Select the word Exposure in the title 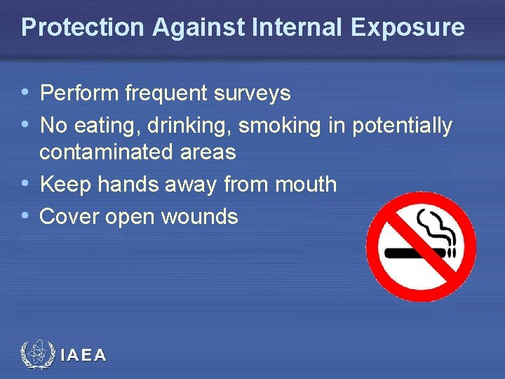coord(408,27)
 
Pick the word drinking coord(189,126)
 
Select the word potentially coord(403,126)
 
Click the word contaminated coord(114,152)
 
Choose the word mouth coord(306,185)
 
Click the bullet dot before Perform coord(26,92)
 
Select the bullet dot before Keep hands coord(26,184)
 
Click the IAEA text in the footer coord(83,356)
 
